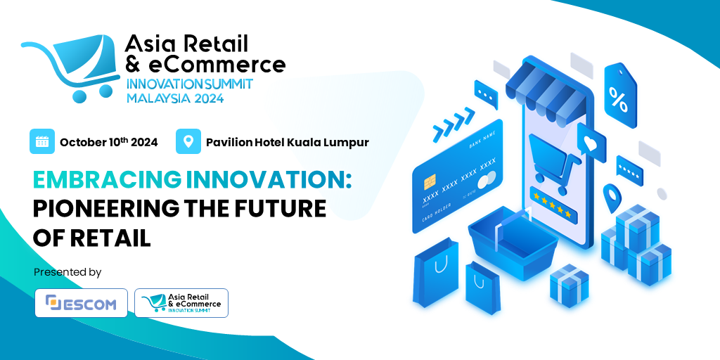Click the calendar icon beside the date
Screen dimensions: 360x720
(42, 141)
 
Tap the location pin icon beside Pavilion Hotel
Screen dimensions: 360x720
(188, 141)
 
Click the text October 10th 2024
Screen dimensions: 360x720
(108, 142)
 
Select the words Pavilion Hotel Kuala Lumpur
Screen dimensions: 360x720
(287, 142)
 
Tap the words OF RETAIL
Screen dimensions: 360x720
(92, 238)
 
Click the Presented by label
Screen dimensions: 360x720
(67, 271)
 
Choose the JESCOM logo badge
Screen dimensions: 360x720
(82, 303)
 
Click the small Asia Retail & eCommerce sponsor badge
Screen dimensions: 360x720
(181, 303)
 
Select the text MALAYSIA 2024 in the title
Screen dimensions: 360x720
(175, 98)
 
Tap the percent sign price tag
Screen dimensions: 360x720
(619, 99)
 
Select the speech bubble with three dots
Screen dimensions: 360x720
(486, 93)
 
